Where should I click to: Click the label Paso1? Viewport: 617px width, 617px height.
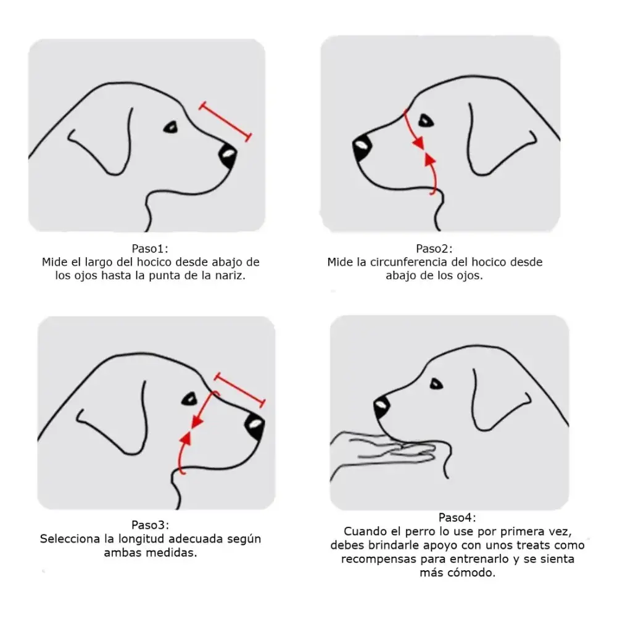150,249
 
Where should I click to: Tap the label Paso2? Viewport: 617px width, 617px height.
434,249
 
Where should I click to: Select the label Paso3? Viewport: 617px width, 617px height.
150,525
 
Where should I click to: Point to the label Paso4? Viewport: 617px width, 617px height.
457,518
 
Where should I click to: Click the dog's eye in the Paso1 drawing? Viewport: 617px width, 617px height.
171,128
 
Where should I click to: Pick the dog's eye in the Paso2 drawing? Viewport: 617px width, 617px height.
426,120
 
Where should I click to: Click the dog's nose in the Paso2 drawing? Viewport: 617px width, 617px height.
362,148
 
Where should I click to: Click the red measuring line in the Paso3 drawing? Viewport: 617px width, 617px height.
239,390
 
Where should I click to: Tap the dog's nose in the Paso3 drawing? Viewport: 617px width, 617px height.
254,426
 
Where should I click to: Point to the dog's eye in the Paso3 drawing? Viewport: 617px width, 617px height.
189,399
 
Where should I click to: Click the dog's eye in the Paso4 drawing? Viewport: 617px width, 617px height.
436,384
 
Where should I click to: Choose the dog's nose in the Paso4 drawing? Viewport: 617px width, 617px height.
381,408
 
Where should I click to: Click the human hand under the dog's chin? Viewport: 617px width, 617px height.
389,452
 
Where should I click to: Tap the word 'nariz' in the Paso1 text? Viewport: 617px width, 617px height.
232,275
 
